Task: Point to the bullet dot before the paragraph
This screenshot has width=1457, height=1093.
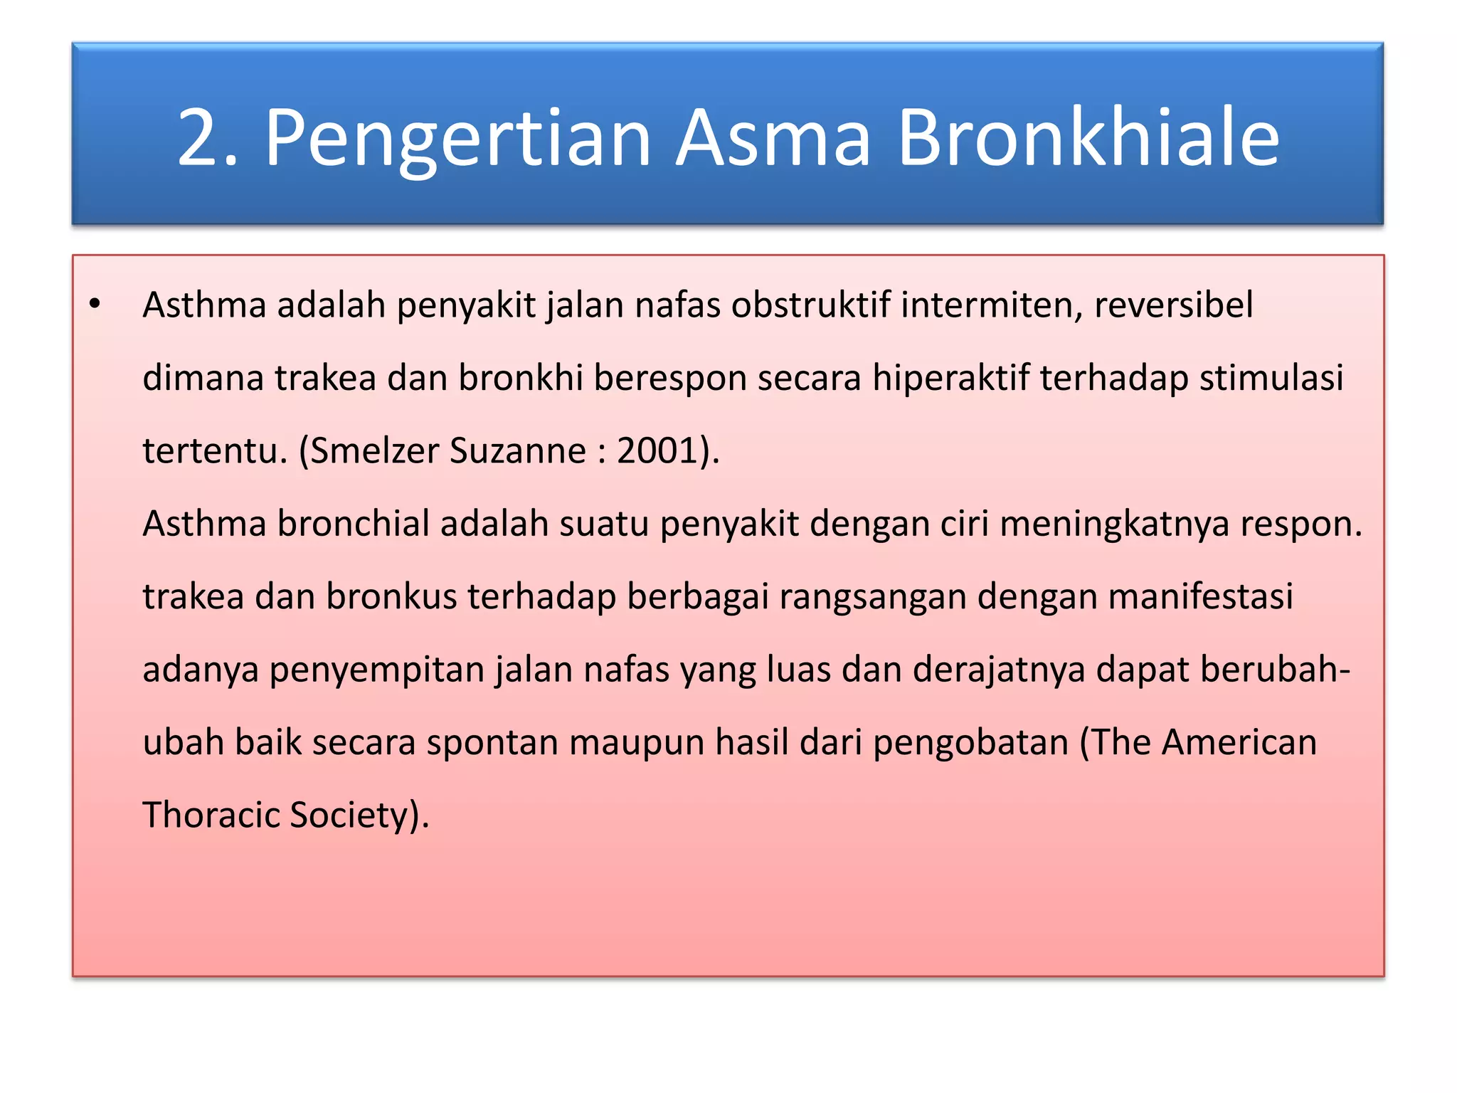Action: (x=95, y=305)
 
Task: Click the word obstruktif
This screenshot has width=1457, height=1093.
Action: (x=810, y=305)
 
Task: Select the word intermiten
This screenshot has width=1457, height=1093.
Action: (x=991, y=305)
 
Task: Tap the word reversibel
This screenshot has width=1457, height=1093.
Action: (x=1173, y=305)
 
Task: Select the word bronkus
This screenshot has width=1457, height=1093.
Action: (x=391, y=596)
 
